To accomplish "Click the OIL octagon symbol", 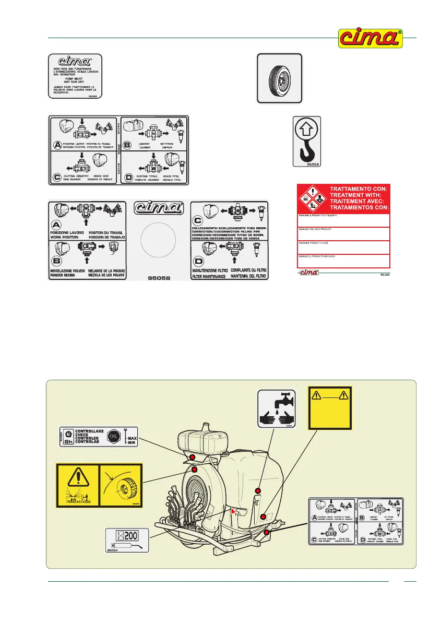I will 116,435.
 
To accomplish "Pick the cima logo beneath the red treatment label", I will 309,272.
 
